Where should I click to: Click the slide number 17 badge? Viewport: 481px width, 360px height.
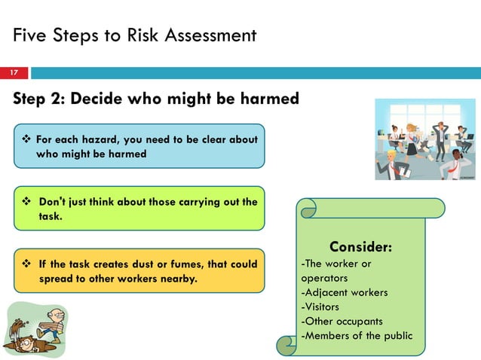tap(14, 73)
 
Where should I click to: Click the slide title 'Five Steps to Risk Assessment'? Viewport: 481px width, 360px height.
tap(134, 35)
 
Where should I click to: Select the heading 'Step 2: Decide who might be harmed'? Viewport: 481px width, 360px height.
tap(155, 99)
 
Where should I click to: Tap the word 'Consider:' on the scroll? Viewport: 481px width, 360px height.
tap(360, 248)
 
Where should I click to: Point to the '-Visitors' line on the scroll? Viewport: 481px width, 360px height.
tap(320, 307)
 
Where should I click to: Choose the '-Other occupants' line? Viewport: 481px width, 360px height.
tap(342, 321)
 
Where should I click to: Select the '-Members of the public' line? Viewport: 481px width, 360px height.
tap(357, 335)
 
